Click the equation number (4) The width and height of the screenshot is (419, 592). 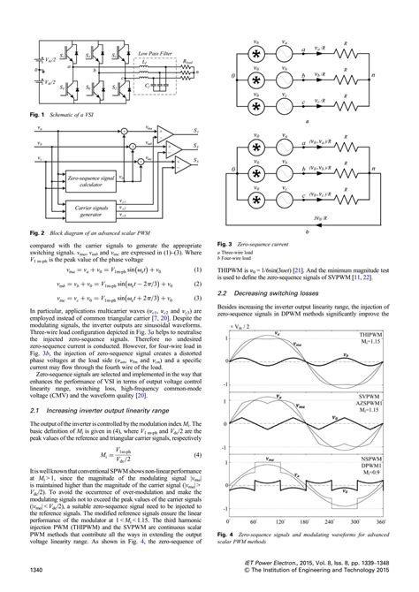(199, 431)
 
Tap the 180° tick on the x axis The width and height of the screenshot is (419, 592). (303, 523)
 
